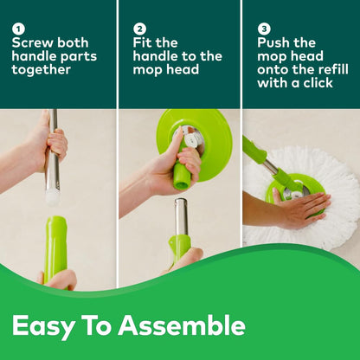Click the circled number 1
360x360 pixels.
[18, 29]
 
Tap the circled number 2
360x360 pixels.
[140, 29]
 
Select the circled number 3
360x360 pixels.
[264, 29]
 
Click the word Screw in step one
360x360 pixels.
[32, 42]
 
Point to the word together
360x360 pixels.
[41, 70]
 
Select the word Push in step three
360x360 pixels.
[276, 42]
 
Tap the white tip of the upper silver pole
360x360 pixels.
[53, 196]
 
